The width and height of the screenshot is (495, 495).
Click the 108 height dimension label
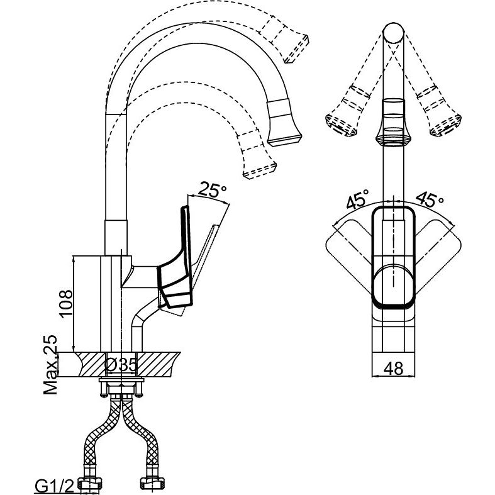66,303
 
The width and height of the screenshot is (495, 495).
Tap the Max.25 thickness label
50,365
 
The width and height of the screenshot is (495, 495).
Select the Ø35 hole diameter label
121,365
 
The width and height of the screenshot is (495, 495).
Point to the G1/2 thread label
53,486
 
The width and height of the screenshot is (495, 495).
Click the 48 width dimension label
394,368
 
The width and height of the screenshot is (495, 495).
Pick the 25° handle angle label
212,189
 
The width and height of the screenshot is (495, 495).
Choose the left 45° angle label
357,199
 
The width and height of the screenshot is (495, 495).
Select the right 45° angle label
430,199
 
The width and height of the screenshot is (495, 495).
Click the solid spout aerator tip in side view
284,123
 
